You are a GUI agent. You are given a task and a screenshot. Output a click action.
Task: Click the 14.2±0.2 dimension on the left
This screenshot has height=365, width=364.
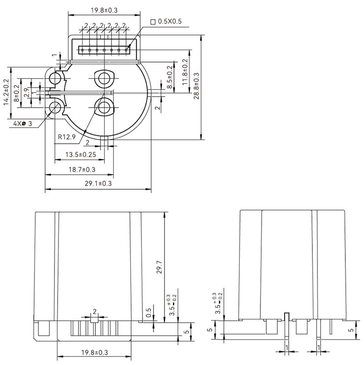[6, 92]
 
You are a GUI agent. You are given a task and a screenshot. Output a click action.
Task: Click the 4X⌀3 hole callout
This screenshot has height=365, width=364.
[21, 124]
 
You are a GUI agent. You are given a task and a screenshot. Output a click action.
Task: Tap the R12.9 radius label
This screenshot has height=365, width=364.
[67, 136]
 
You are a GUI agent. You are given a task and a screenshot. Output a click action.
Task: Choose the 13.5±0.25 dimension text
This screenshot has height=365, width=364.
[80, 155]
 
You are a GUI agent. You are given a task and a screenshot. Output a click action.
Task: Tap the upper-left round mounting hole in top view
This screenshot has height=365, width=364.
[56, 78]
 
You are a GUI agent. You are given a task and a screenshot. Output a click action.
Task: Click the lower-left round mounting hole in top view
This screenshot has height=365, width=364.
[56, 108]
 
